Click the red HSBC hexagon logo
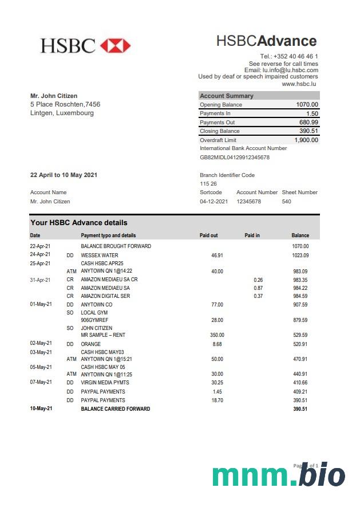pos(116,45)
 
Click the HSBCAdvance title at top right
pos(266,41)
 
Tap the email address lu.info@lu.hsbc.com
pos(290,70)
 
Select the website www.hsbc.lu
pos(300,84)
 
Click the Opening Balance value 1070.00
pos(307,105)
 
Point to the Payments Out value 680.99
pos(308,123)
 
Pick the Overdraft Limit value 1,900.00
pos(306,140)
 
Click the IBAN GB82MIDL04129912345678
pos(235,157)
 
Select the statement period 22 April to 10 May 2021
pos(64,175)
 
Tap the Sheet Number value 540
pos(286,202)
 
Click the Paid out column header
pos(208,235)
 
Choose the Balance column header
pos(300,235)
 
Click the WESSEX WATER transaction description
pos(100,256)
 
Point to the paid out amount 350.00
pos(217,335)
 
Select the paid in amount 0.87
pos(258,288)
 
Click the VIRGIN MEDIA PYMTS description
pos(105,382)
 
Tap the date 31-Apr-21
pos(40,280)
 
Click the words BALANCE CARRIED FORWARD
pos(116,409)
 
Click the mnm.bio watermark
pos(279,475)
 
